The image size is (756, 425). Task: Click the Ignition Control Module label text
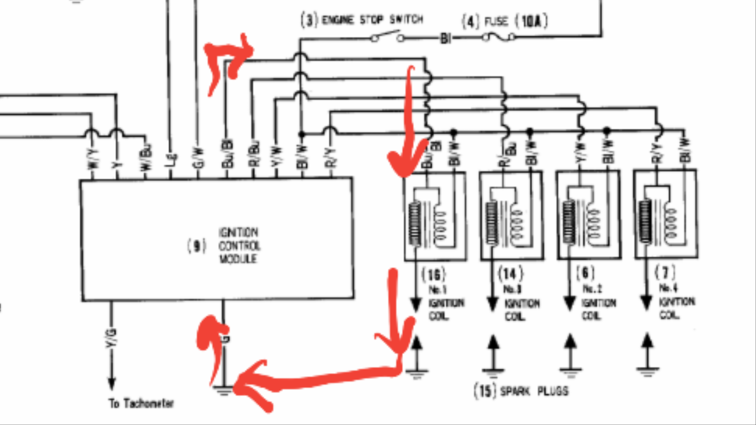pos(239,246)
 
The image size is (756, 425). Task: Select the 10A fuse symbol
pos(498,37)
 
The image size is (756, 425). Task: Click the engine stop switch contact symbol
pos(387,37)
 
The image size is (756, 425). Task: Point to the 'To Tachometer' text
pos(141,403)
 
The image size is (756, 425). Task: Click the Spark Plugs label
pos(534,391)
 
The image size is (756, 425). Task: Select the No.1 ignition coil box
pos(435,216)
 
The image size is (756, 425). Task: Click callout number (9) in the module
pos(197,246)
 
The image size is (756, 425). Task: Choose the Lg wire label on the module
pos(171,159)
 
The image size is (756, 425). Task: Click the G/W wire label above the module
pos(198,158)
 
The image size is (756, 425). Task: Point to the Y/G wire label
pos(111,338)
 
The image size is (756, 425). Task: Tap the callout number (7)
pos(665,272)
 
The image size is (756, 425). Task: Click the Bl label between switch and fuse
pos(446,38)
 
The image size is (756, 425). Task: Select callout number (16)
pos(434,275)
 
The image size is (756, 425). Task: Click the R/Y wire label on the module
pos(330,158)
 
